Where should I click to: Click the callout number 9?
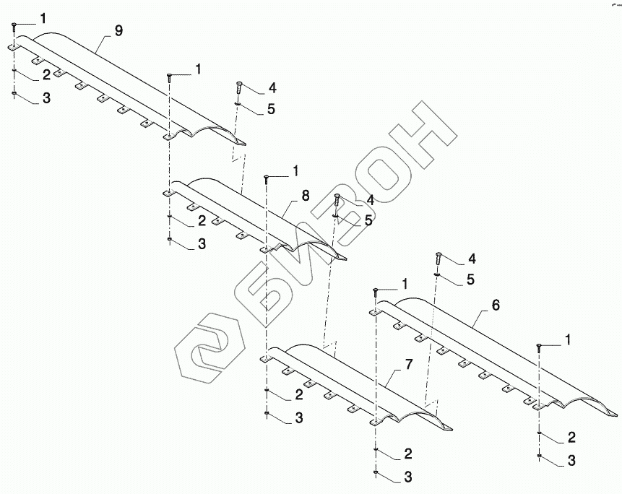[x=118, y=30]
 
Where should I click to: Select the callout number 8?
[x=305, y=195]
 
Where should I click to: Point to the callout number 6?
[x=496, y=305]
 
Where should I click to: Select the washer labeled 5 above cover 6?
[x=437, y=274]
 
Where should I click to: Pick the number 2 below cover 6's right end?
[x=571, y=437]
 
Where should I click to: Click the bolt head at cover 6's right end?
[x=539, y=347]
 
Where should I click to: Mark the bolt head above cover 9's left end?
[x=14, y=26]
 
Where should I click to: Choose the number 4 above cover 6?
[x=472, y=258]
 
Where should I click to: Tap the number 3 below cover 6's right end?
[x=571, y=459]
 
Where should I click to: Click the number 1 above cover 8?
[x=295, y=171]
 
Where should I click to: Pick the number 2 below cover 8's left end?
[x=202, y=220]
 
